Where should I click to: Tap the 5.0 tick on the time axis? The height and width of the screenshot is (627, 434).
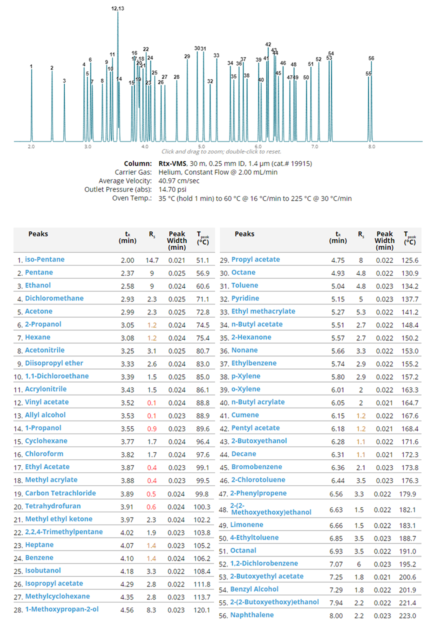tap(201, 147)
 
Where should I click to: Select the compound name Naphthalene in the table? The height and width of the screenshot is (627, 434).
tap(252, 615)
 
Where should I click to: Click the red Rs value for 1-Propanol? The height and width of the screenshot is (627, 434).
tap(152, 429)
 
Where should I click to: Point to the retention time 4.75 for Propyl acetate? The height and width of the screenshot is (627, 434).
tap(338, 260)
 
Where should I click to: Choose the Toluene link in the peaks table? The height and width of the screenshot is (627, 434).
tap(244, 285)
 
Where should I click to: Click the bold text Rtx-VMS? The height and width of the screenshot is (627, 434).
tap(172, 164)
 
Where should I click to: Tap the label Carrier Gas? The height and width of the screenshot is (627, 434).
tap(133, 172)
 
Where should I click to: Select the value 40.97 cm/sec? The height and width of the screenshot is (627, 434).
tap(179, 181)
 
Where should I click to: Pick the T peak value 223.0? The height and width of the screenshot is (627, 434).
tap(407, 616)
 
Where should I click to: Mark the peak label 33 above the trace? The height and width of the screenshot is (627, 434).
tap(216, 55)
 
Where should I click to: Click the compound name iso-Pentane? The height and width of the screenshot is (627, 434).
tap(45, 259)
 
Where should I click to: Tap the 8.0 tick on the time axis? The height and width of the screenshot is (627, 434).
tap(372, 147)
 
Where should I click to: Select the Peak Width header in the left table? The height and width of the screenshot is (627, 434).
tap(177, 240)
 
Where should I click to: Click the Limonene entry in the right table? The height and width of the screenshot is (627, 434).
tap(247, 525)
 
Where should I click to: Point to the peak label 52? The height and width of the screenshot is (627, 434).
tap(319, 59)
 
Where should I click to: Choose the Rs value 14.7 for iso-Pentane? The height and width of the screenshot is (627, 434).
tap(152, 260)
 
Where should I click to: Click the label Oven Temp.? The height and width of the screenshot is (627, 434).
tap(132, 198)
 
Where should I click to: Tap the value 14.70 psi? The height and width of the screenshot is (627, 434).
tap(172, 190)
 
